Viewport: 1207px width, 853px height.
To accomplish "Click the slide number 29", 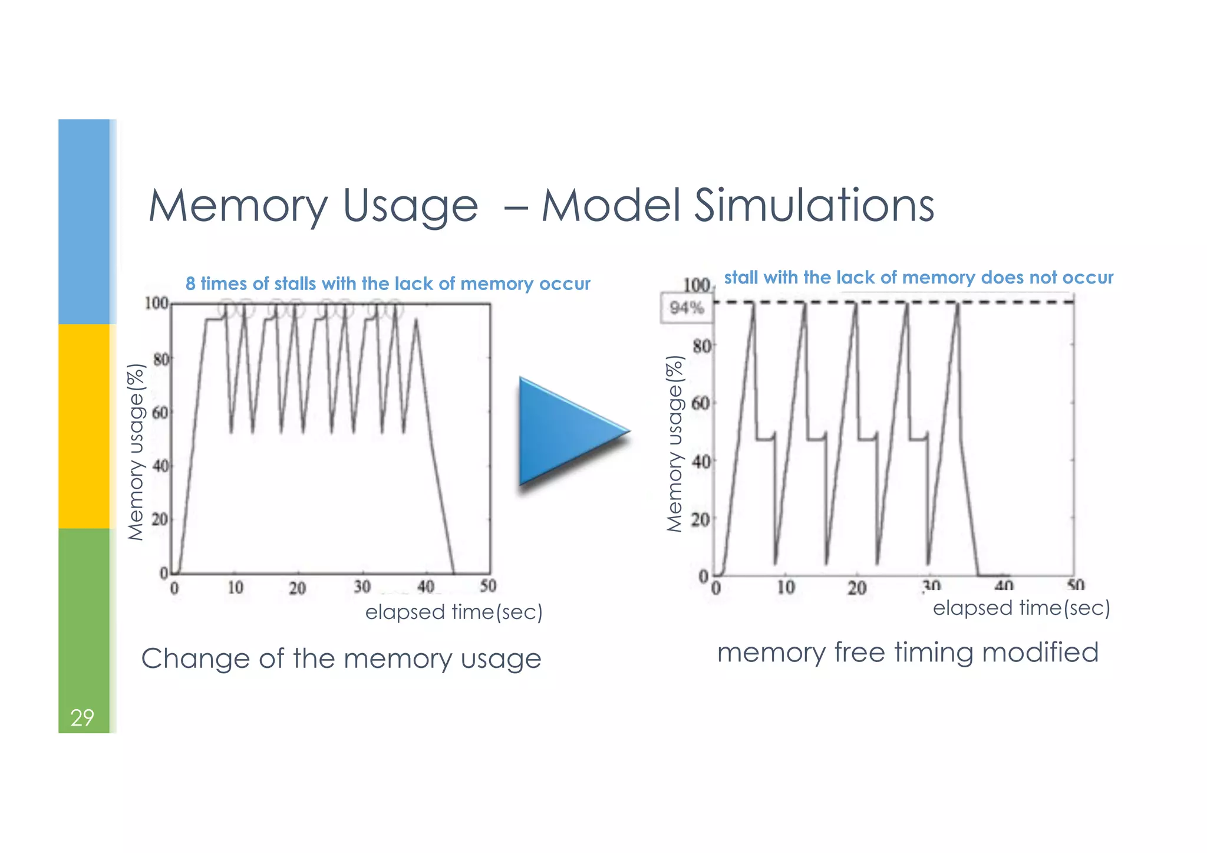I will click(x=82, y=717).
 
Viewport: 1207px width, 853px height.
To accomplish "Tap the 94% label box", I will click(x=687, y=307).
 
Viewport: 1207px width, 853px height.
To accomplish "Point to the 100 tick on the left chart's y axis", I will click(x=157, y=303).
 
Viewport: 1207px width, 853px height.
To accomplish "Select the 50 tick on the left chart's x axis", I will click(x=488, y=586).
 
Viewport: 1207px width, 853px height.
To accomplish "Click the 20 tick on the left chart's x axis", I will click(x=297, y=588).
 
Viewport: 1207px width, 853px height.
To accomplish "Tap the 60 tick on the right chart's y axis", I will click(x=701, y=403).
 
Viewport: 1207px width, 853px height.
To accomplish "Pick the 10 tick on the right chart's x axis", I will click(x=785, y=587).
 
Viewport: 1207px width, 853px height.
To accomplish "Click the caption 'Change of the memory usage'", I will click(x=341, y=658).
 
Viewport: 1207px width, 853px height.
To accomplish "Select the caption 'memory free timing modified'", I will click(x=908, y=653).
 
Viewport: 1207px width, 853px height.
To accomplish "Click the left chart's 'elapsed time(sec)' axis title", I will click(x=454, y=612).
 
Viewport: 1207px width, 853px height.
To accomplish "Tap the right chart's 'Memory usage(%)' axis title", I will click(x=675, y=444).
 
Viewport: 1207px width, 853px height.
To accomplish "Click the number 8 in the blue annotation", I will click(x=190, y=284).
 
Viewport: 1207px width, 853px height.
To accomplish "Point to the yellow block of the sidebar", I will click(x=84, y=426).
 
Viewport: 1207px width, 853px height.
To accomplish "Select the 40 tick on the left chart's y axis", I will click(x=160, y=466).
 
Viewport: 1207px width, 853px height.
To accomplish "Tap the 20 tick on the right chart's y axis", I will click(x=701, y=519).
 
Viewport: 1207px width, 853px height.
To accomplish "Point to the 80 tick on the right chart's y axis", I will click(x=701, y=345).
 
